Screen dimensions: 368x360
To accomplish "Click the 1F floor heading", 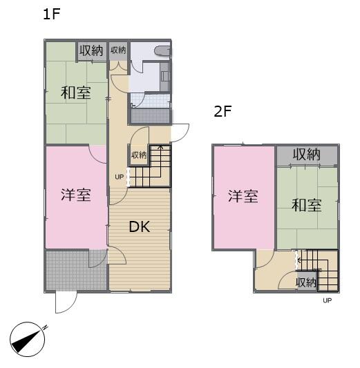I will click(x=53, y=14).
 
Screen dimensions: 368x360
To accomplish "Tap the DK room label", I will click(x=140, y=226).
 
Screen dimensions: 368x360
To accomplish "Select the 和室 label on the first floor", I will click(x=75, y=93).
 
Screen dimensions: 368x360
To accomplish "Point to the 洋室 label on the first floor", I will click(x=76, y=195).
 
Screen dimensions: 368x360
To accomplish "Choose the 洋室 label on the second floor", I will click(x=243, y=196).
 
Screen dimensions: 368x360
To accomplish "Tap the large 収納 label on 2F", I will click(x=306, y=155).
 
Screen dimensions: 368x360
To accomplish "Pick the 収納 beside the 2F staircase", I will click(x=305, y=282).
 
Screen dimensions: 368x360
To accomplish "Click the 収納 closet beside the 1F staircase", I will click(x=139, y=155).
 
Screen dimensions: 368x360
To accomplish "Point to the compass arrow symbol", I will click(x=28, y=339).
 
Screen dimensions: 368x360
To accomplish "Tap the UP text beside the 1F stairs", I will click(x=120, y=176).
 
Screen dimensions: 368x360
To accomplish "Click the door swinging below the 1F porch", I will click(x=66, y=302).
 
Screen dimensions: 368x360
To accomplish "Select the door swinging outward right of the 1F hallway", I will click(x=180, y=132).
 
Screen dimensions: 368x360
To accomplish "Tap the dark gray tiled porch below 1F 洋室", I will click(x=66, y=270).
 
